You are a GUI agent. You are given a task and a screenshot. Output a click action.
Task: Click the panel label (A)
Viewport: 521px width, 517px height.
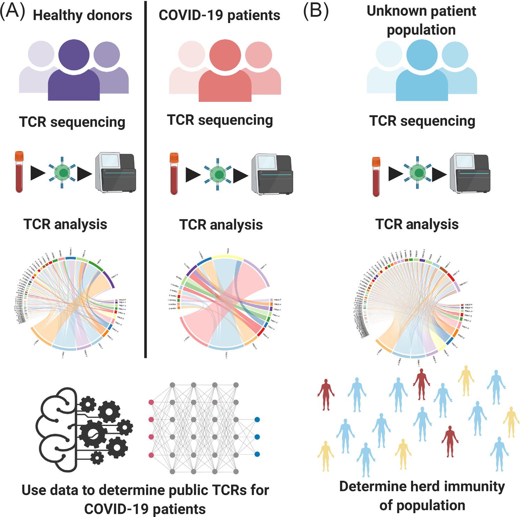13,12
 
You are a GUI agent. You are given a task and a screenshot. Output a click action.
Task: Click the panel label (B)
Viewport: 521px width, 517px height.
316,12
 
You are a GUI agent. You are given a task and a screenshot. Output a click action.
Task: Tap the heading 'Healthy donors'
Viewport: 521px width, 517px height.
82,15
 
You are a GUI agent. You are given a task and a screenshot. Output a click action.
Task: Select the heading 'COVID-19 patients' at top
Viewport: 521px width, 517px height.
219,15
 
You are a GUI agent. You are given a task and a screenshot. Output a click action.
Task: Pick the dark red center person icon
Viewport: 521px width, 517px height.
225,73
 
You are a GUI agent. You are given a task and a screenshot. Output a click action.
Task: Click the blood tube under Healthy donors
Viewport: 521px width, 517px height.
19,172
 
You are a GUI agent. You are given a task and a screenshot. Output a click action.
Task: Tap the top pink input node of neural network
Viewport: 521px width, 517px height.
151,402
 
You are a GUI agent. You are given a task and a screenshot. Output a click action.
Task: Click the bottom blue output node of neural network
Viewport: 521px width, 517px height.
257,454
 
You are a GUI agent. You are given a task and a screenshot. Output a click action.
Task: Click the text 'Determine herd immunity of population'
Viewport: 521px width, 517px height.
422,495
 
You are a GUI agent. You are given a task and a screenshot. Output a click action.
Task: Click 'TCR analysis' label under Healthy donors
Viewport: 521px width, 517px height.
65,224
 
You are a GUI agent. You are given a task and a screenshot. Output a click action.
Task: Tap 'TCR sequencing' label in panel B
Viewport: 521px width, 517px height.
422,121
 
